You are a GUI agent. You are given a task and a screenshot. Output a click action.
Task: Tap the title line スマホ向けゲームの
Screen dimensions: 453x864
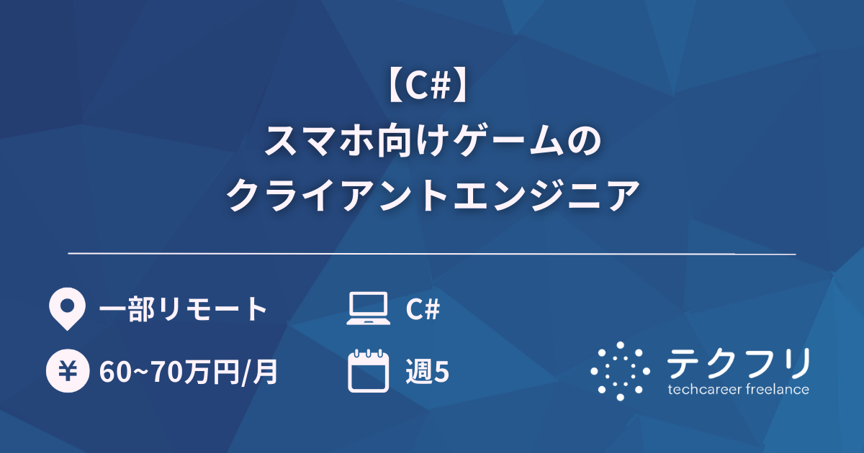(432, 142)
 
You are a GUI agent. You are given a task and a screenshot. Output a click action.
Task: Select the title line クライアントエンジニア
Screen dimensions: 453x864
(432, 195)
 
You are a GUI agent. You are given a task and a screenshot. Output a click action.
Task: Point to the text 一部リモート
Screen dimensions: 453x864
(183, 310)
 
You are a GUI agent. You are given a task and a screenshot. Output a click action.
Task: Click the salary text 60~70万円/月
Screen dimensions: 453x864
(189, 372)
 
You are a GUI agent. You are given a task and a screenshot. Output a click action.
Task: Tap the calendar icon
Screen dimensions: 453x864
(368, 371)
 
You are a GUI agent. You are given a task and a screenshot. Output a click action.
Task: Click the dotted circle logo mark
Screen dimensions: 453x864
(620, 370)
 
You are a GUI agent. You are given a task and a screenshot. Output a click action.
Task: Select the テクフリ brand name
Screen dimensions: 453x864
(738, 363)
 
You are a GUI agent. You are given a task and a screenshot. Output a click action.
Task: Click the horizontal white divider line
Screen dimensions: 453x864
(432, 254)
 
